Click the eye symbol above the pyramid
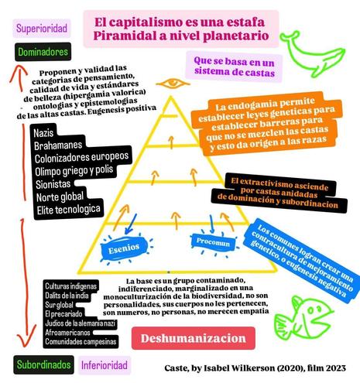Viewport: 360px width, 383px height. click(173, 84)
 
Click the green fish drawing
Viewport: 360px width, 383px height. click(304, 317)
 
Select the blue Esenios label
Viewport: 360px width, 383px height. click(124, 248)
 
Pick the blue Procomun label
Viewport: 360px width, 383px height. click(213, 242)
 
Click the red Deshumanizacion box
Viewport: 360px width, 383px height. click(194, 338)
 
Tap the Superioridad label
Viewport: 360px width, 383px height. click(42, 28)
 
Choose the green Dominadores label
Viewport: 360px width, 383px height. click(43, 52)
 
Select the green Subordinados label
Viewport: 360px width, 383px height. click(43, 364)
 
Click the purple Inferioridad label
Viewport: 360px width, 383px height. click(105, 365)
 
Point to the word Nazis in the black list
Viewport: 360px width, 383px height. click(43, 133)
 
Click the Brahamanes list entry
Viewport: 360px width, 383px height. click(58, 145)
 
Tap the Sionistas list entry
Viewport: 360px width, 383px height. click(53, 184)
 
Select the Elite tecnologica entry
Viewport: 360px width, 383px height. click(68, 210)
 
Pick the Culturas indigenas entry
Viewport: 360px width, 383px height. click(70, 286)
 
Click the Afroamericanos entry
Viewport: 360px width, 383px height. click(67, 333)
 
